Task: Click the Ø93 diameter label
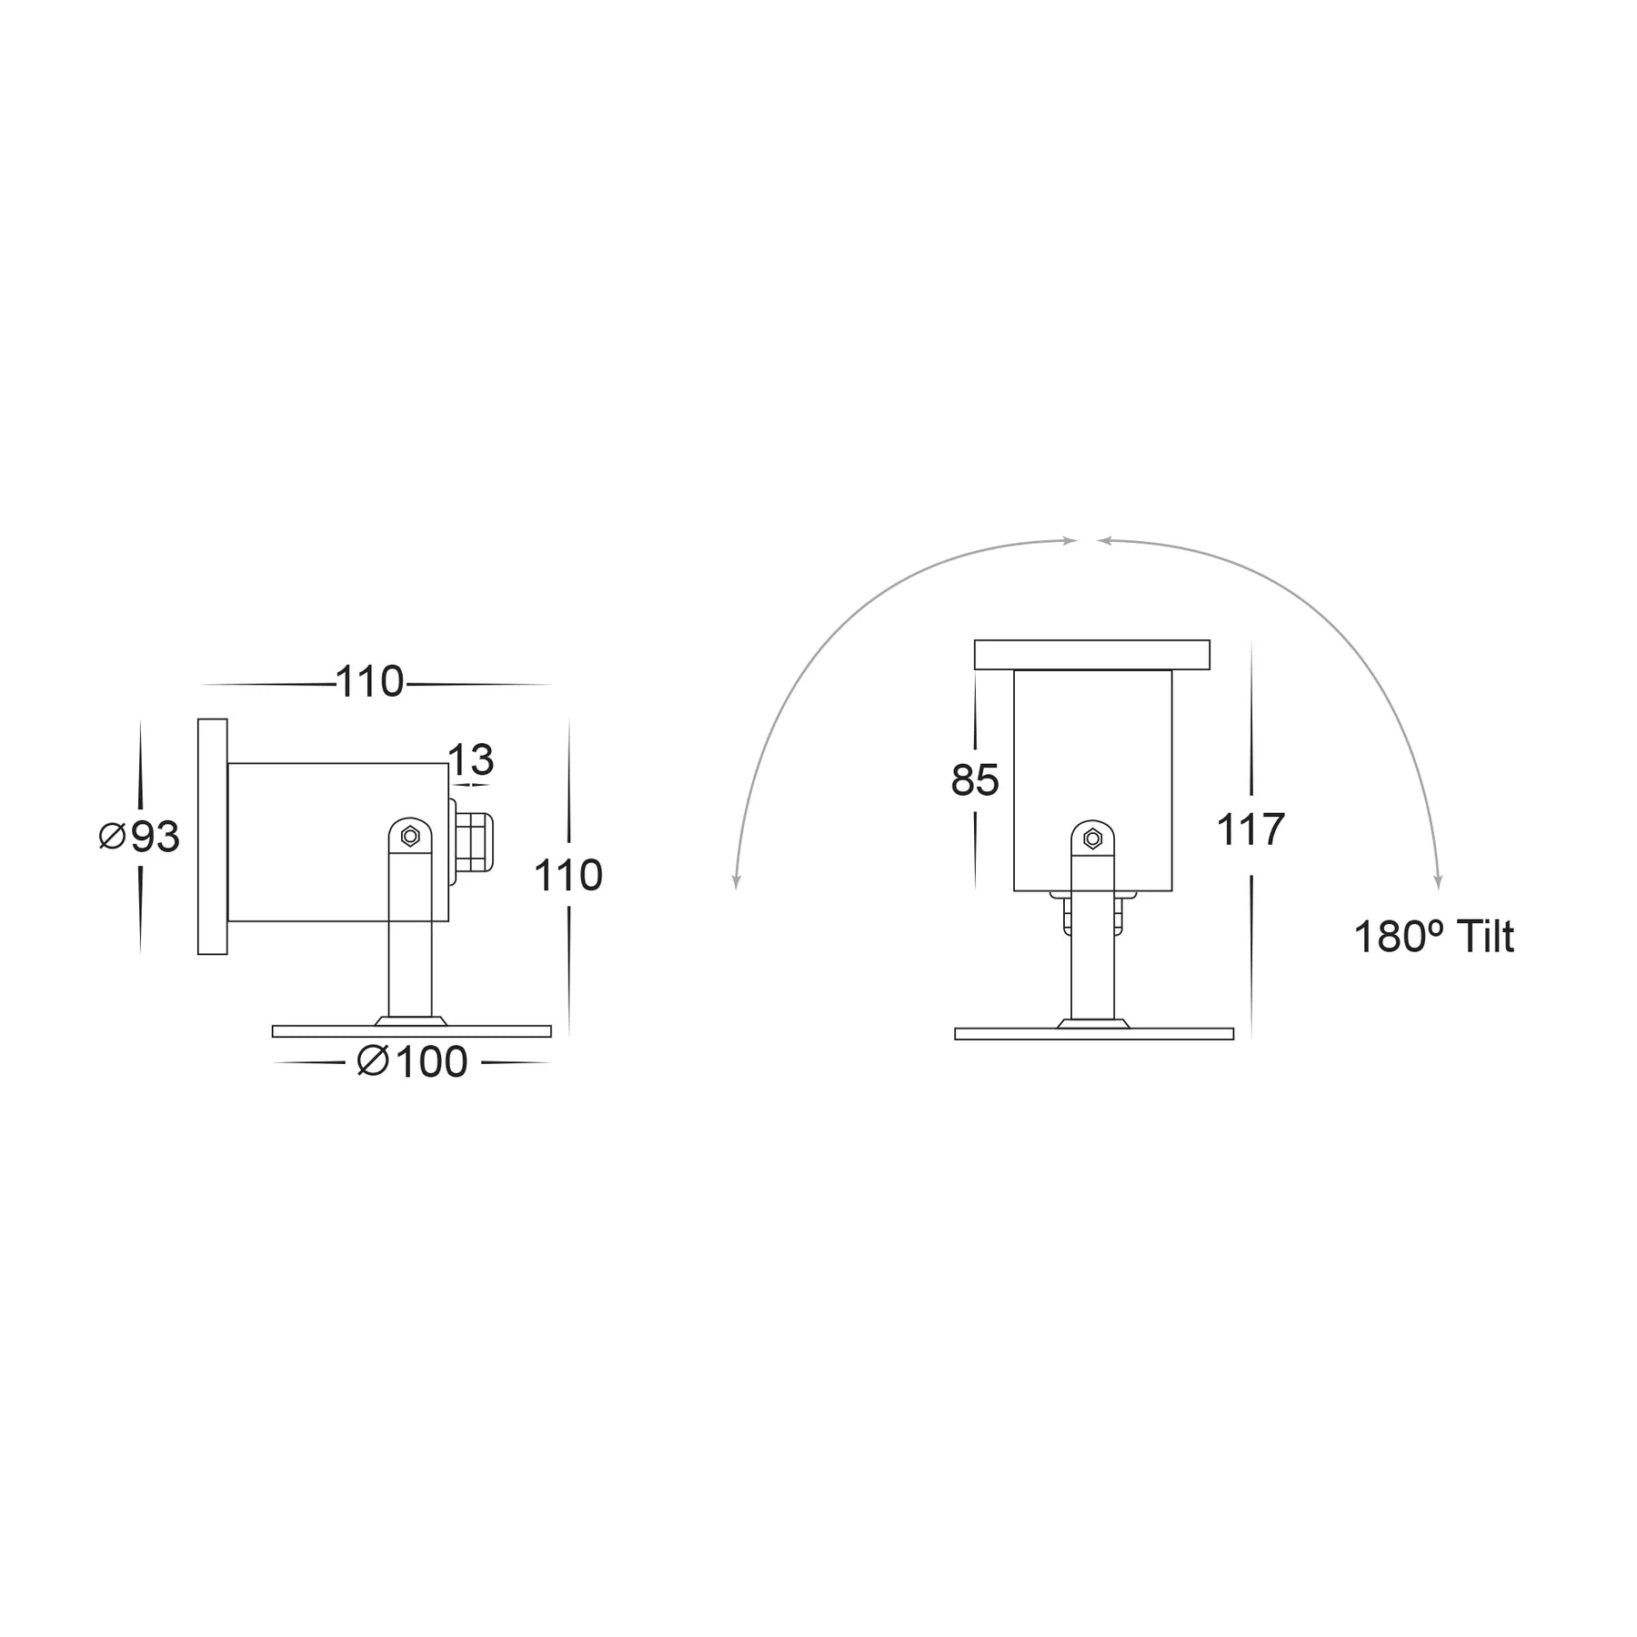coord(140,838)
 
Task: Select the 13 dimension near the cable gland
coord(470,759)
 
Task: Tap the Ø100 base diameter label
coord(413,1062)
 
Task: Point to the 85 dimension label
coord(974,780)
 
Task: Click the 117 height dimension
coord(1250,829)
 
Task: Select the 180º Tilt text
coord(1433,938)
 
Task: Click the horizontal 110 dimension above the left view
coord(369,681)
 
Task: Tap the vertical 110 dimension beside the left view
coord(567,876)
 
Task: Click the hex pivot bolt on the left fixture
coord(410,836)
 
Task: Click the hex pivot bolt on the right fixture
coord(1093,839)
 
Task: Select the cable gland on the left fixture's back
coord(473,842)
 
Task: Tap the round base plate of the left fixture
coord(411,1031)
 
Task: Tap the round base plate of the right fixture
coord(1093,1034)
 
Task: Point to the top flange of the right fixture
coord(1091,655)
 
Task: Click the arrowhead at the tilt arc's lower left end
coord(737,882)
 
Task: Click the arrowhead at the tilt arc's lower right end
coord(1438,882)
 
